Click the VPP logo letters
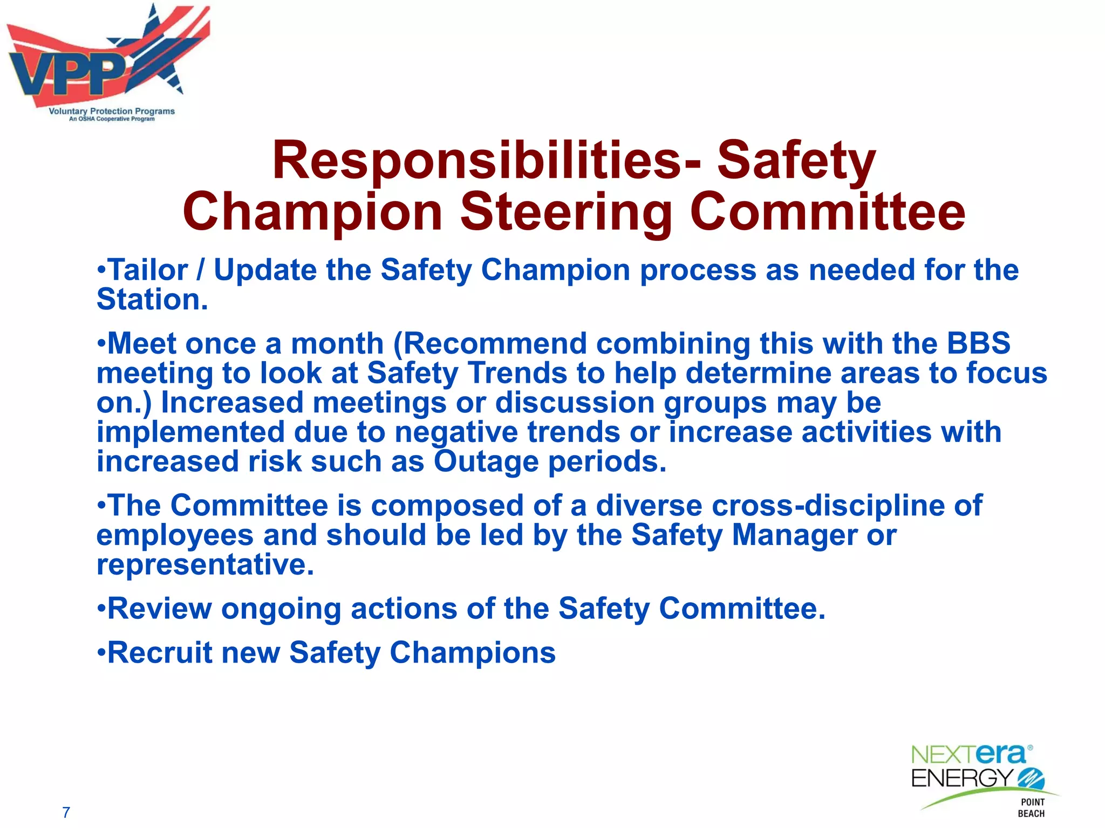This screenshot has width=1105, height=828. [67, 75]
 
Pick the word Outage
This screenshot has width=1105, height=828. [486, 463]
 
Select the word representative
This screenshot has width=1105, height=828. [205, 565]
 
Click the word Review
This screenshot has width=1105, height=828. [160, 609]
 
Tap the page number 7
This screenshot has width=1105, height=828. [66, 812]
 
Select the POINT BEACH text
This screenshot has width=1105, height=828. [1032, 808]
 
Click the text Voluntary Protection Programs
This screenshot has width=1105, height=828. [112, 111]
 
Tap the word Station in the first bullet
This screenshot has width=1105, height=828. [152, 300]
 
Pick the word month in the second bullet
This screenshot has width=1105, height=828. [337, 344]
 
